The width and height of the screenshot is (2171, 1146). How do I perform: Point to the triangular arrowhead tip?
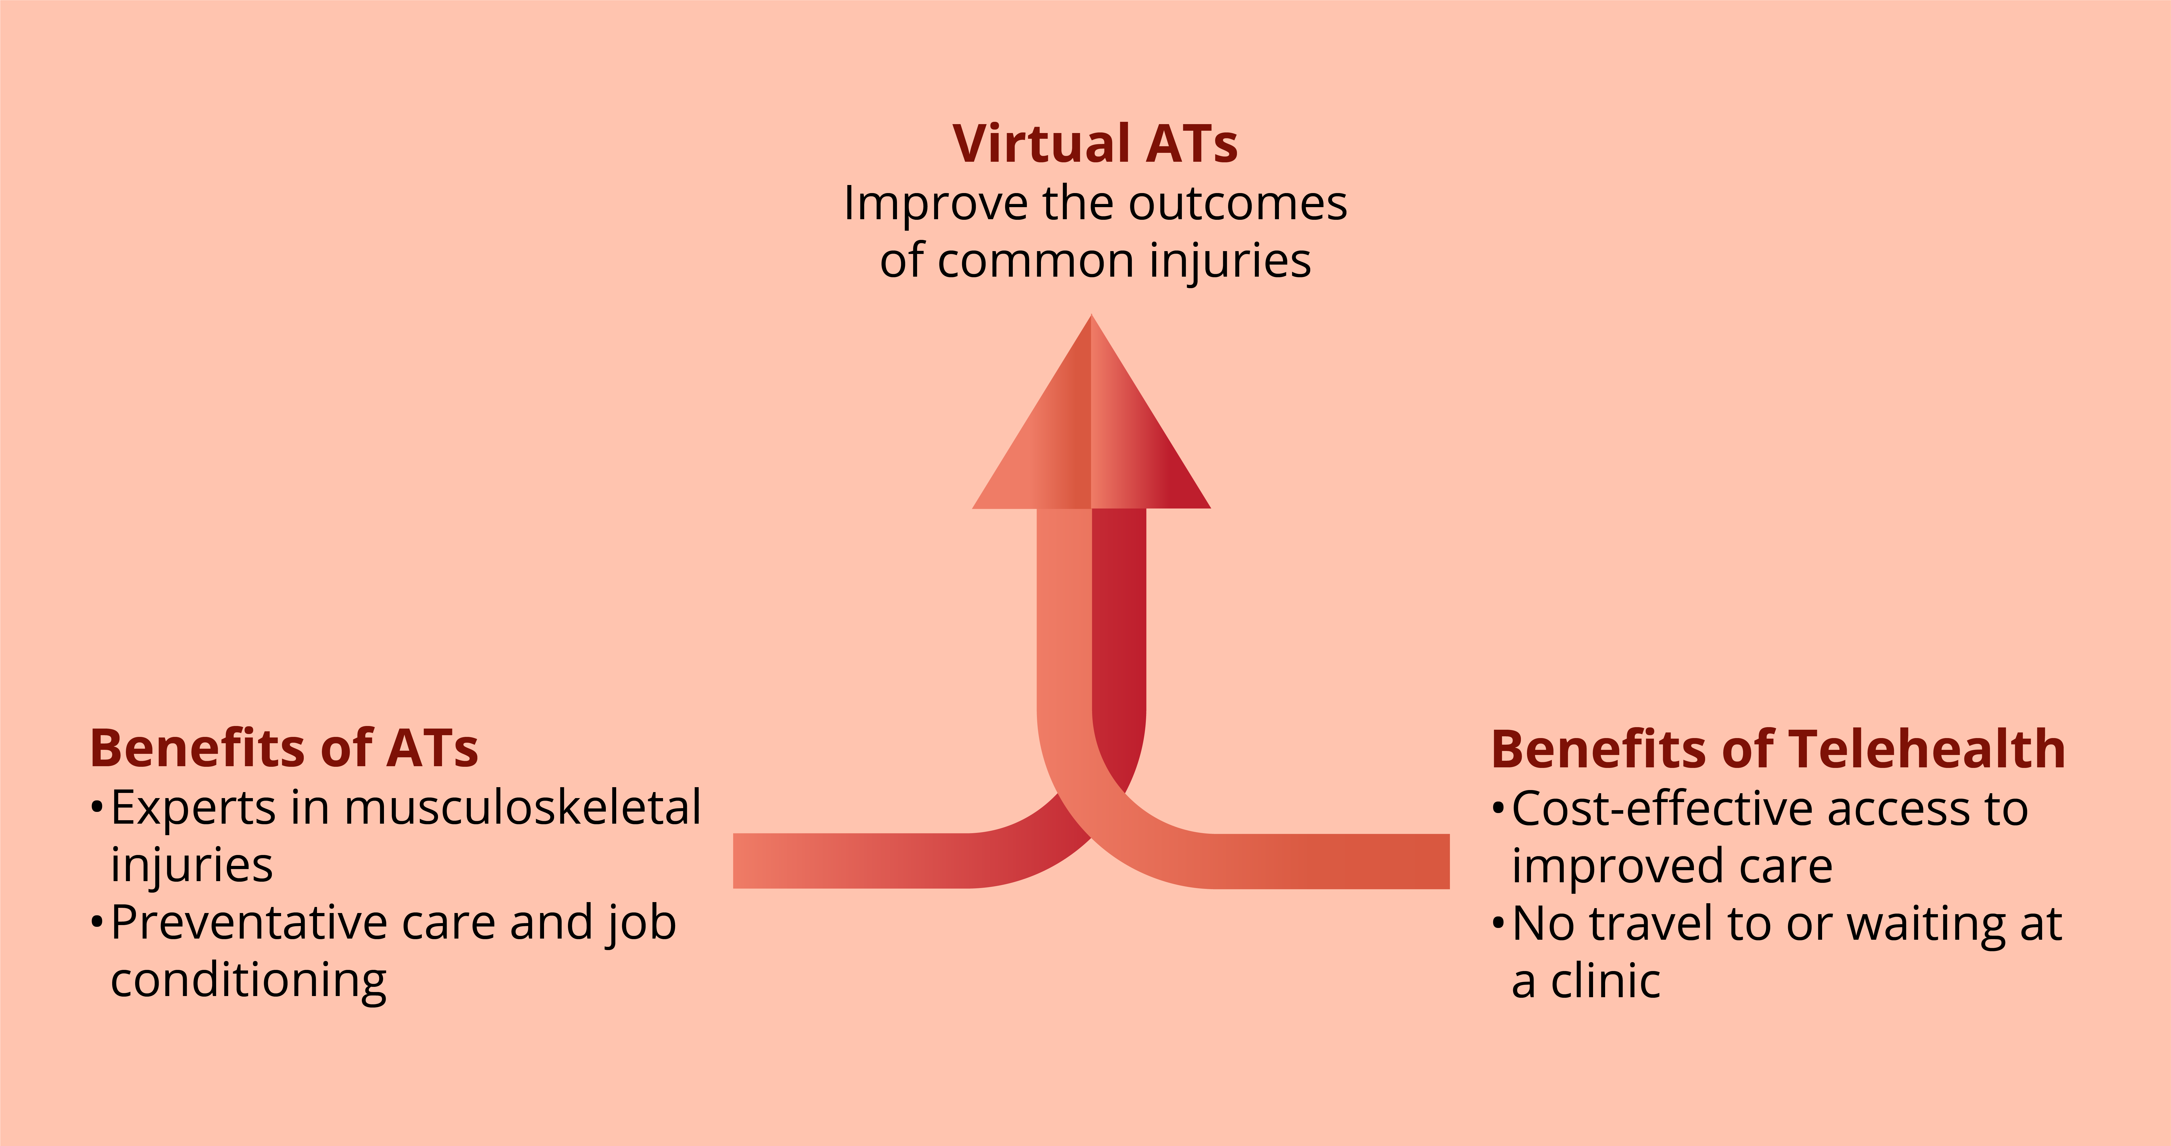[1092, 315]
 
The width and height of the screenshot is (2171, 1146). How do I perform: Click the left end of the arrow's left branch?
[734, 861]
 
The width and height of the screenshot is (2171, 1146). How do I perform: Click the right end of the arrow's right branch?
[1449, 861]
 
